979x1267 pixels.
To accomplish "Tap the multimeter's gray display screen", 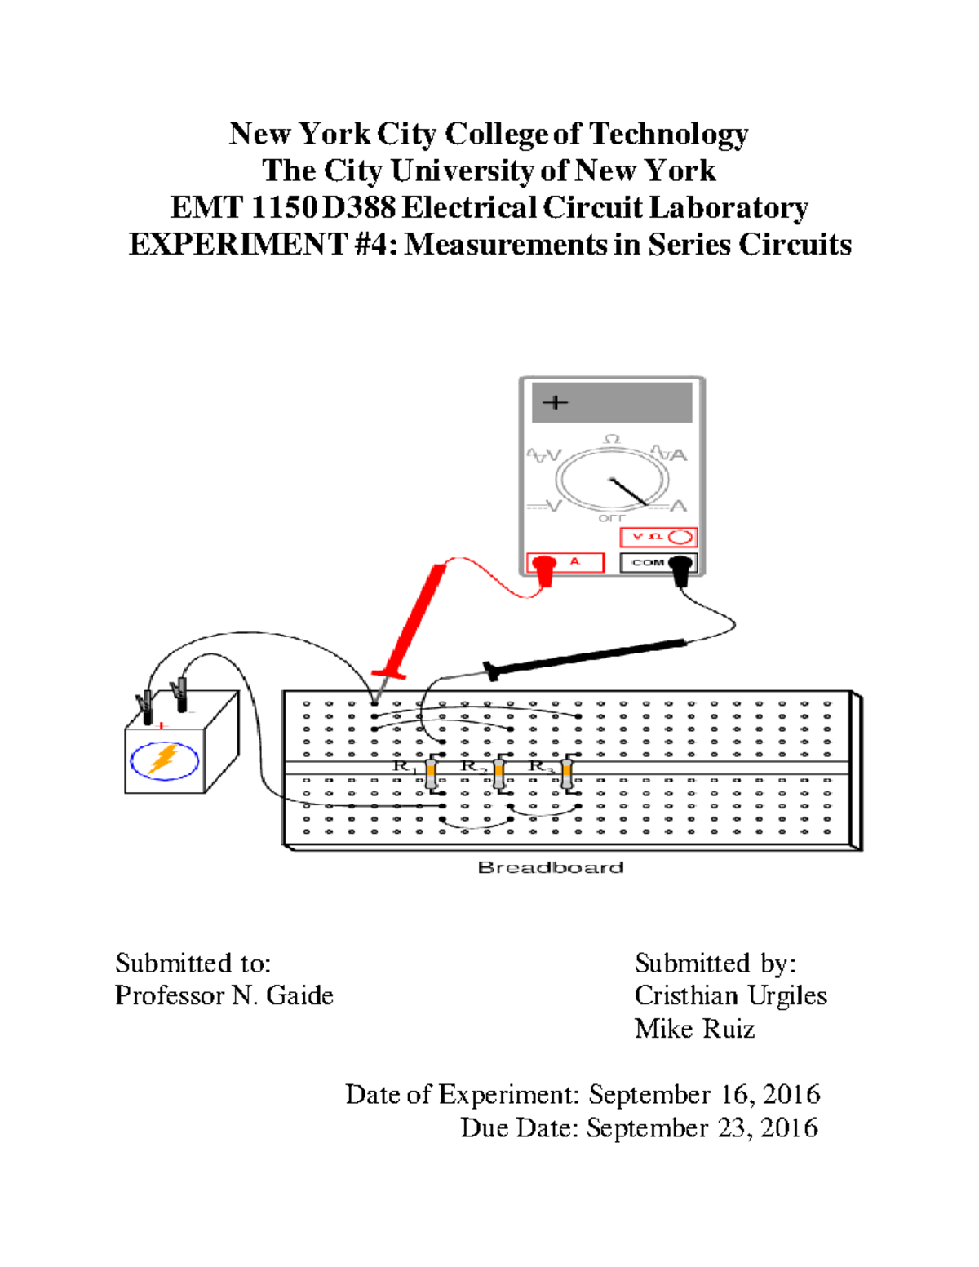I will tap(612, 403).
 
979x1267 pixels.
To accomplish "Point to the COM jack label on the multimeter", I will tap(648, 562).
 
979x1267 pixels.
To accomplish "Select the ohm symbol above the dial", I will tap(612, 440).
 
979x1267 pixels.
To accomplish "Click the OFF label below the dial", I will tap(612, 518).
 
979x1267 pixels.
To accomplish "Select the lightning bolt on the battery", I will tap(164, 760).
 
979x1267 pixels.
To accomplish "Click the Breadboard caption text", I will tap(551, 867).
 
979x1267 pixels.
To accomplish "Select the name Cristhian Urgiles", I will tap(730, 996).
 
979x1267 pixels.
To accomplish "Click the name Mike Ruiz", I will tap(694, 1029).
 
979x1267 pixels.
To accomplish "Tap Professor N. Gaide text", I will tap(224, 996).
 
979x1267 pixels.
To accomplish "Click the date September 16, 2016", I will tap(704, 1095).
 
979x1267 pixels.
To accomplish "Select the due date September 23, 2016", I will tap(702, 1128).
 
